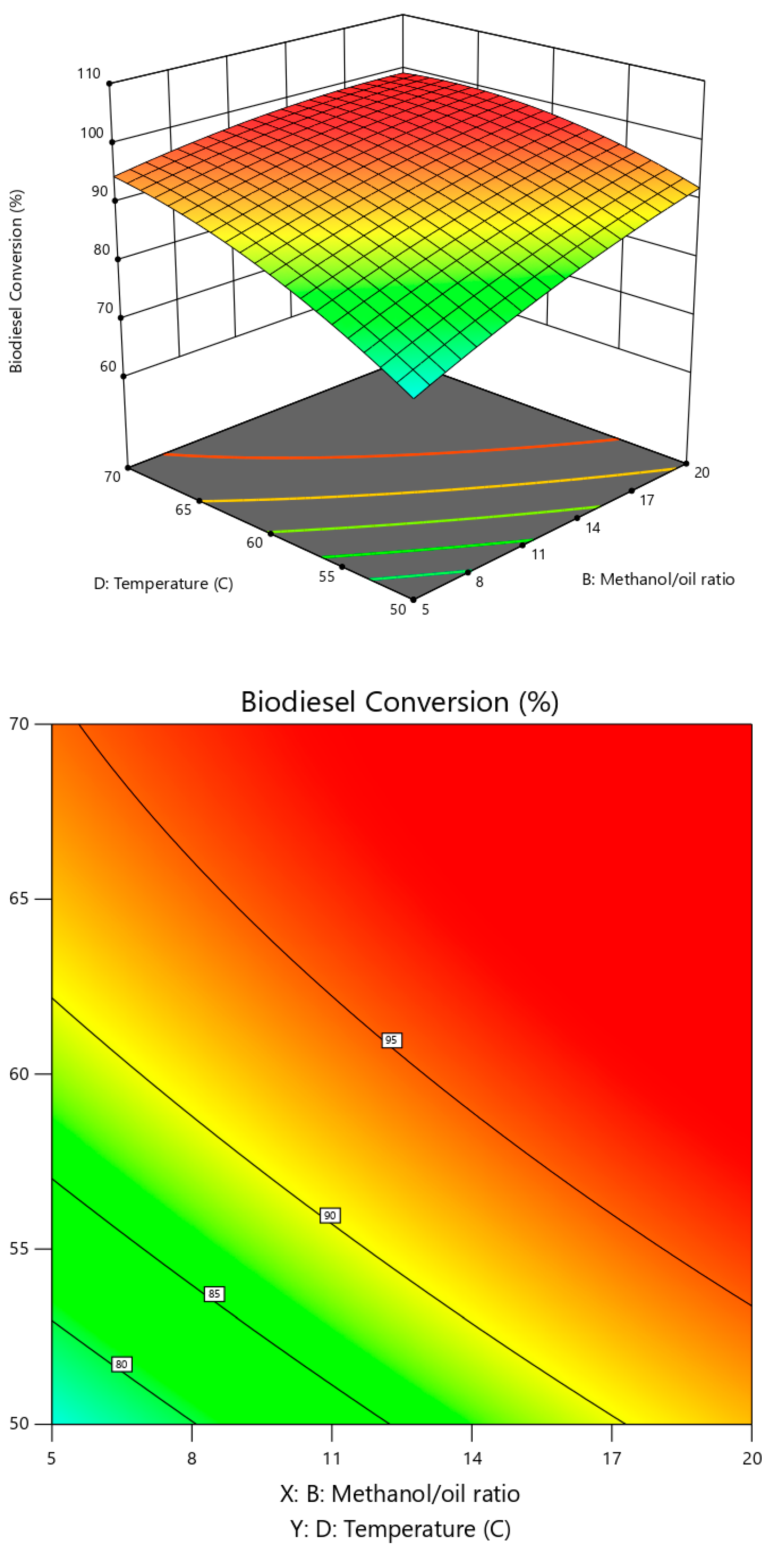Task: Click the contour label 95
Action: pos(391,1040)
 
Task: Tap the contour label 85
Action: pos(214,1293)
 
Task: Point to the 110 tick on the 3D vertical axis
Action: pos(88,73)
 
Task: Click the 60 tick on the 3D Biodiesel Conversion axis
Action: pos(108,366)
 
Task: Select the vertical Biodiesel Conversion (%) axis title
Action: pos(16,281)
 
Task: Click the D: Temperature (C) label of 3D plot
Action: pos(163,583)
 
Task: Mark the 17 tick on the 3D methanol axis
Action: pos(646,500)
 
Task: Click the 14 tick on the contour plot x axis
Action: pos(472,1458)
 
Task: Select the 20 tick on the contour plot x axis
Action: pos(752,1458)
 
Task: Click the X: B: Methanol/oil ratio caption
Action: pos(400,1493)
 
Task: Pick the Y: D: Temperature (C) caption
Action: pos(400,1528)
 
